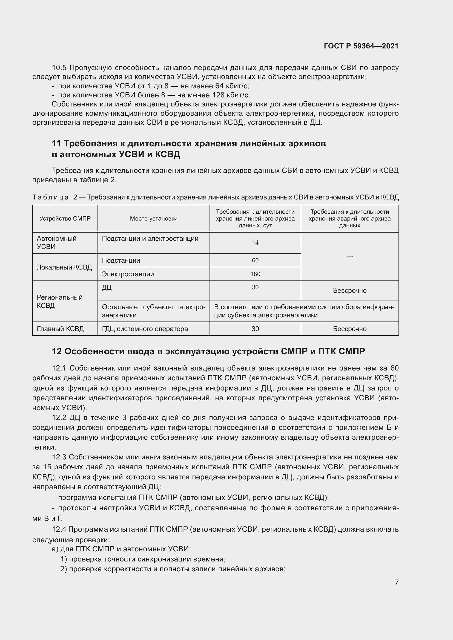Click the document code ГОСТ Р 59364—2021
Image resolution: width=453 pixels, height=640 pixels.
coord(361,46)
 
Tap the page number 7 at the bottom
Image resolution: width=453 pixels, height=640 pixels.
coord(397,582)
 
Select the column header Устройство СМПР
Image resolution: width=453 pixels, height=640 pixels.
coord(65,219)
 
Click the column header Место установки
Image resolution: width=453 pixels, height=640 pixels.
coord(153,219)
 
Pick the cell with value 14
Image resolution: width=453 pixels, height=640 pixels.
coord(255,243)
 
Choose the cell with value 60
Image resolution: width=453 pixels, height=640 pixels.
coord(255,260)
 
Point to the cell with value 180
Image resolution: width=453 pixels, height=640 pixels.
coord(255,274)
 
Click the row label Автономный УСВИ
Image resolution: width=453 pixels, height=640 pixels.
coord(57,242)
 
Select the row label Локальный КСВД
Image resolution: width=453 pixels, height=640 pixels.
coord(64,267)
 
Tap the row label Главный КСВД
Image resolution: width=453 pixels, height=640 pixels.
coord(60,329)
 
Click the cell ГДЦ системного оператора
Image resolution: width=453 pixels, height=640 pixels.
coord(145,329)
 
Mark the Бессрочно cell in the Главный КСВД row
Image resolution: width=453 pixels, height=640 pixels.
coord(349,329)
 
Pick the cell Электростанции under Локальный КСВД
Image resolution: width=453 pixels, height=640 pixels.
coord(128,274)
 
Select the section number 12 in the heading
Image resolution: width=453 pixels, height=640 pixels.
coord(57,352)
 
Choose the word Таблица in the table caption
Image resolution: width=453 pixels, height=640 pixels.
coord(50,197)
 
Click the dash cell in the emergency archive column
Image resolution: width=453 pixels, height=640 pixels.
coord(349,256)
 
